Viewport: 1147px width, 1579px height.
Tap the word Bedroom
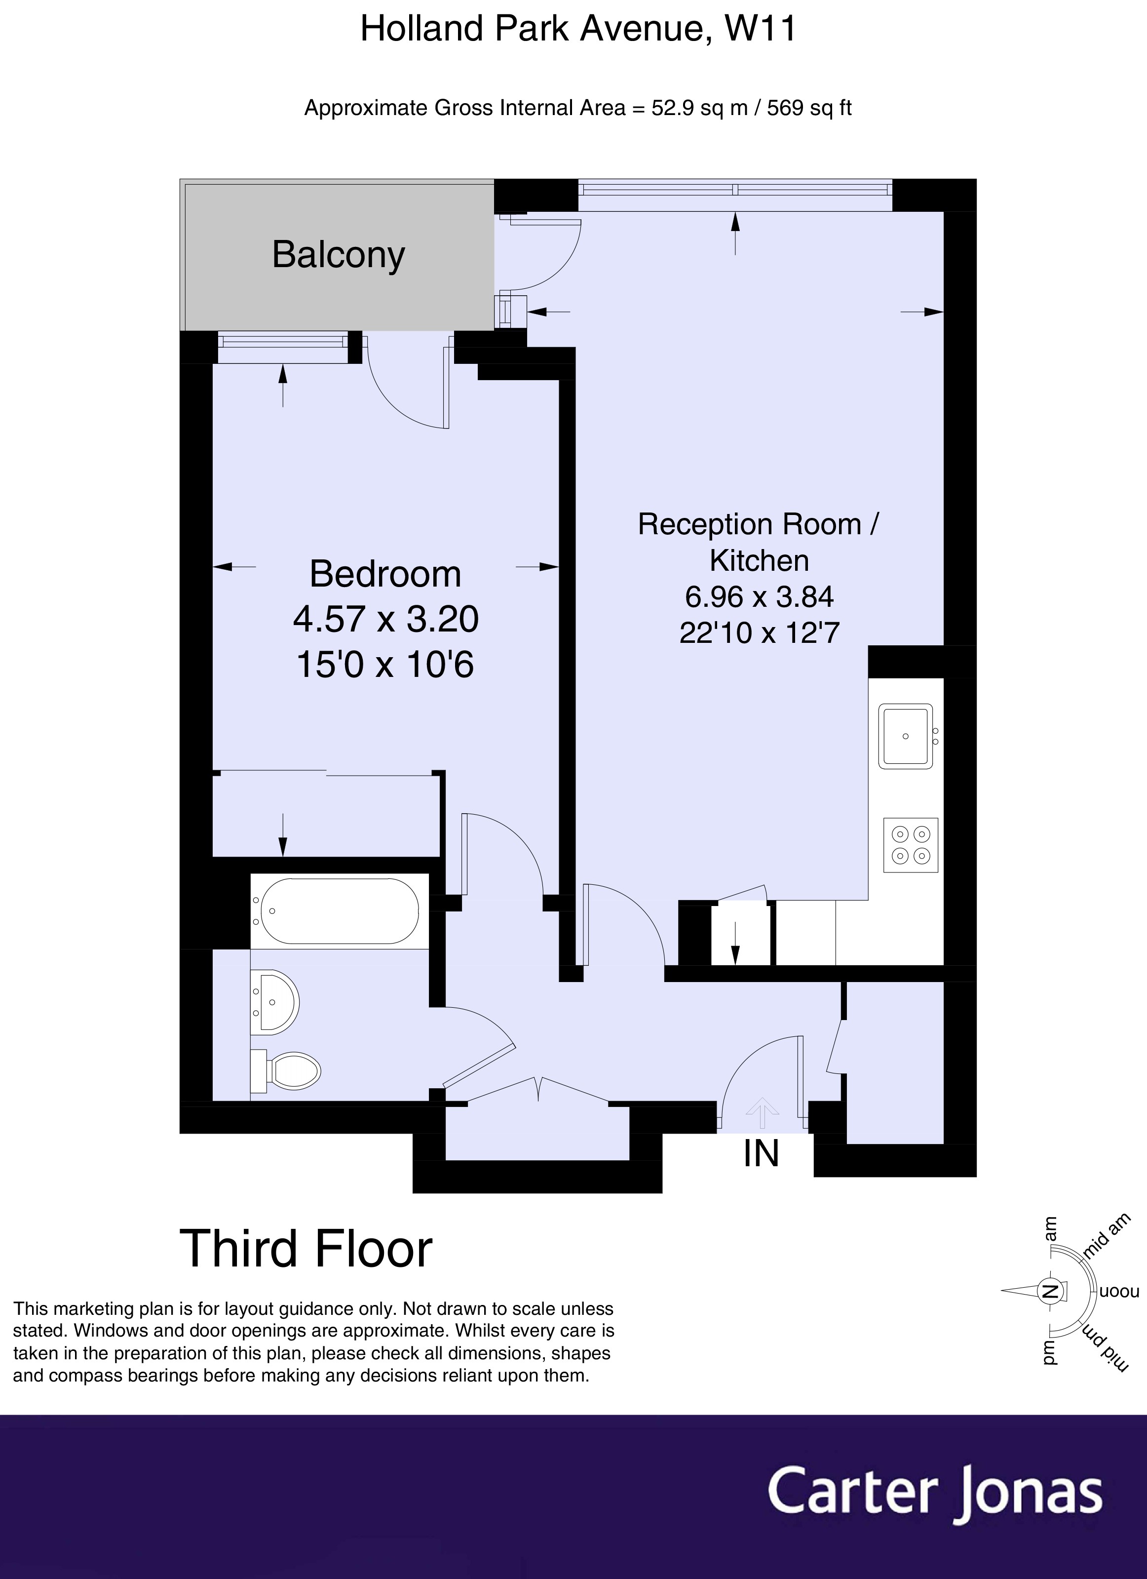click(x=385, y=574)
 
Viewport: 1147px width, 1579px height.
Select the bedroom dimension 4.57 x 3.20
click(x=385, y=619)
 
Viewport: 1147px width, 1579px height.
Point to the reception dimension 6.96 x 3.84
click(x=760, y=596)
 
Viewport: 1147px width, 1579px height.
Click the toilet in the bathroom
click(x=286, y=1070)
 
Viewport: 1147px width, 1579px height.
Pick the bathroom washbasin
click(x=275, y=1002)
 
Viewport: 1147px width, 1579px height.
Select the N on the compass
click(x=1050, y=1292)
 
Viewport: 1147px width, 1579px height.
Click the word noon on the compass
click(x=1120, y=1292)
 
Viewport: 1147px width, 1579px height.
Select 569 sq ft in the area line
click(x=809, y=109)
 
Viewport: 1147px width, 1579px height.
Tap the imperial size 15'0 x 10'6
click(x=385, y=664)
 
